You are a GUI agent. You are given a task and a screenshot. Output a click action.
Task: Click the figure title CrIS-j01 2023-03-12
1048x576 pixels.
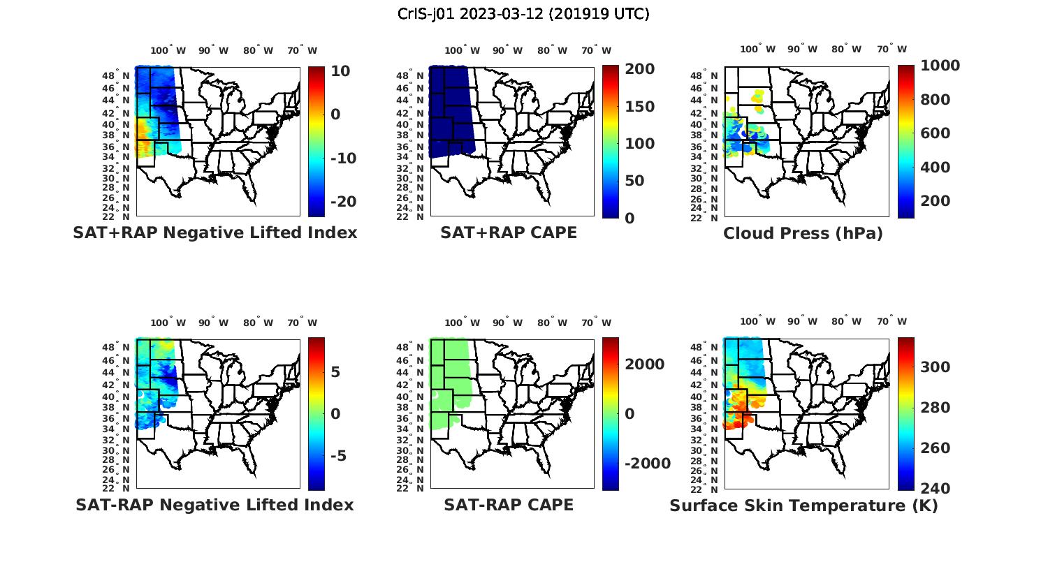[x=523, y=14]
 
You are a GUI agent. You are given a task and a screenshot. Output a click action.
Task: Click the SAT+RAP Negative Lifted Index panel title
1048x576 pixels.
[x=215, y=232]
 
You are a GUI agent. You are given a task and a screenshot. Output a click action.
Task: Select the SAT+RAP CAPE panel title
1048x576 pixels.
[x=509, y=232]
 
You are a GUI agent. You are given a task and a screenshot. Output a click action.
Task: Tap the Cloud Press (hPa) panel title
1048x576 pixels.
[x=803, y=233]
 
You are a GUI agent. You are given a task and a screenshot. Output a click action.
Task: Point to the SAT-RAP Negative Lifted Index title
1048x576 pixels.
[x=215, y=505]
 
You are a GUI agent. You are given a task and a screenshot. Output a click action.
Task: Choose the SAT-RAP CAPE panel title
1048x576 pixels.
[x=509, y=505]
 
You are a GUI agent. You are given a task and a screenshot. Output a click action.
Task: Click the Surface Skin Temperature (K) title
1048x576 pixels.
[x=803, y=505]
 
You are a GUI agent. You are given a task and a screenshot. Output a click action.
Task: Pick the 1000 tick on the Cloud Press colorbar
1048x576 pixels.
[x=940, y=66]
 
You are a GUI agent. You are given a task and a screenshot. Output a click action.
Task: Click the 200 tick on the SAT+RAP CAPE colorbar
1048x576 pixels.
[x=640, y=69]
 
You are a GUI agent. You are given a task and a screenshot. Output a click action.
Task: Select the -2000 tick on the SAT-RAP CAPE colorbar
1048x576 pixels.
[x=647, y=464]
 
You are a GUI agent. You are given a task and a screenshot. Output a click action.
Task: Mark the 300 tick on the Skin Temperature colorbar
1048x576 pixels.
[x=936, y=367]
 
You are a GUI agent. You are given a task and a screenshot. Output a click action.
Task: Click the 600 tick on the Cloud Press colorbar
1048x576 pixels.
[x=936, y=133]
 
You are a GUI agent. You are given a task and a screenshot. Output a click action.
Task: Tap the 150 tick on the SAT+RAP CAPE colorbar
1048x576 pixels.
[x=640, y=107]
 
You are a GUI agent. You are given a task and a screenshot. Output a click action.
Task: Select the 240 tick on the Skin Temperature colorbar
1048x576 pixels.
[x=936, y=488]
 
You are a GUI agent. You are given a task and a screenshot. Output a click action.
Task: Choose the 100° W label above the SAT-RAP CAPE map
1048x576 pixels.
[x=462, y=323]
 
